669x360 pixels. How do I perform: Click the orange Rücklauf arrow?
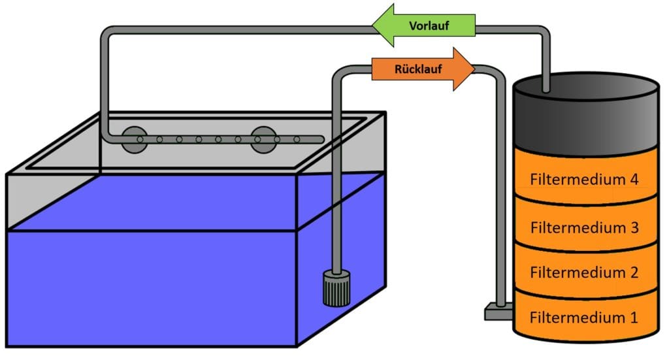tap(422, 69)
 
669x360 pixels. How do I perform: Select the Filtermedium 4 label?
tap(584, 180)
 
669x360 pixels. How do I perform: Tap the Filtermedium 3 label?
tap(584, 228)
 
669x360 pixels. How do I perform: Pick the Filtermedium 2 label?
tap(584, 272)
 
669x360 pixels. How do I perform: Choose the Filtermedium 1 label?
tap(584, 318)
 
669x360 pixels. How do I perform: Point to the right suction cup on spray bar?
tap(265, 139)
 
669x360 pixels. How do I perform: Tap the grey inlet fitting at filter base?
tap(497, 313)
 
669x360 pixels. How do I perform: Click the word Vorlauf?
tap(428, 26)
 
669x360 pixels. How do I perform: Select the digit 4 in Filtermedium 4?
tap(632, 180)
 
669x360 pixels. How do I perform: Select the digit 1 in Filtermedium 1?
tap(632, 318)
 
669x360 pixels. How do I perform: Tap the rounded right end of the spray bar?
tap(321, 139)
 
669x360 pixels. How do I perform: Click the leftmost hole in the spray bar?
tap(140, 139)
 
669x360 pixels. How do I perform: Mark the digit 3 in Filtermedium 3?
tap(632, 228)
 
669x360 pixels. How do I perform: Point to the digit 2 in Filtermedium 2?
tap(632, 272)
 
